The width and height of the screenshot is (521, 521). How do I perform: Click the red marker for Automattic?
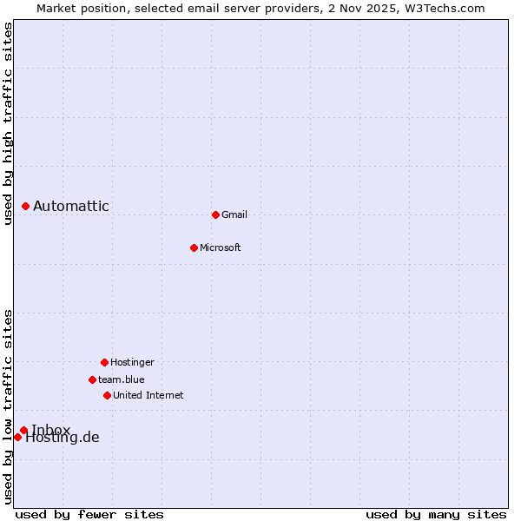[x=25, y=206]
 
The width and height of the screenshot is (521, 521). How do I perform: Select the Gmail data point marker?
[x=215, y=214]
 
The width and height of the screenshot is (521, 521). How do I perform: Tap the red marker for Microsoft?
[x=194, y=247]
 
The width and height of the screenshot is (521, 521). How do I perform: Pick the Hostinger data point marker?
[x=104, y=362]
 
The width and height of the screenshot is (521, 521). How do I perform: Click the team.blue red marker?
[x=92, y=379]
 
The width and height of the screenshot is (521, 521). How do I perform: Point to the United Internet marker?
[x=107, y=395]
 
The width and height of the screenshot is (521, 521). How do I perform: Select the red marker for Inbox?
[x=23, y=430]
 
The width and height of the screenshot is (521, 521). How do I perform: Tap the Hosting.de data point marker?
[x=17, y=437]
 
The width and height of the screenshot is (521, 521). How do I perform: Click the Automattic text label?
[x=71, y=206]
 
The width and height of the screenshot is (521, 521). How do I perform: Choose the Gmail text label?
[x=234, y=214]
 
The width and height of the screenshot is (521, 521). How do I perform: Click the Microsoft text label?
[x=221, y=247]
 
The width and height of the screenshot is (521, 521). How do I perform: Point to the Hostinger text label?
[x=132, y=362]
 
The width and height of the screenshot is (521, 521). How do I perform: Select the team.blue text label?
[x=122, y=379]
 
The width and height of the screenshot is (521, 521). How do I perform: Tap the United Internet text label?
[x=148, y=395]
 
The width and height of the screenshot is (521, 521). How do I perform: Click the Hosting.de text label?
[x=63, y=438]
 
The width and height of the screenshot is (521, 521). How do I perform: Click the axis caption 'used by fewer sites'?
[x=89, y=514]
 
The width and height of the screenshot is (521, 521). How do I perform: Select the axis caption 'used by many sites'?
[x=436, y=514]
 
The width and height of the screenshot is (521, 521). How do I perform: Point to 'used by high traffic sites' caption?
[x=8, y=123]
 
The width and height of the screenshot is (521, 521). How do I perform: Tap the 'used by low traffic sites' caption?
[x=8, y=406]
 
